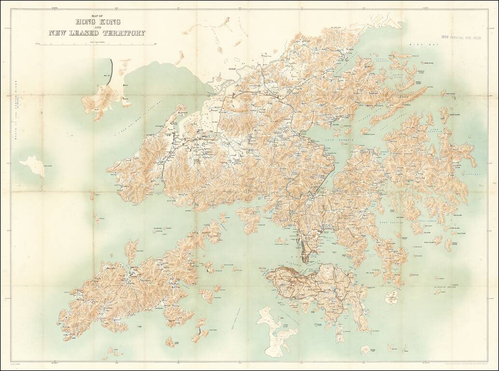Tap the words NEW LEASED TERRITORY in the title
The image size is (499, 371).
tap(97, 33)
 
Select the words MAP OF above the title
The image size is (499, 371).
tap(97, 16)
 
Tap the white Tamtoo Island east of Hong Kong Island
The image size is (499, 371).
tap(391, 297)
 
